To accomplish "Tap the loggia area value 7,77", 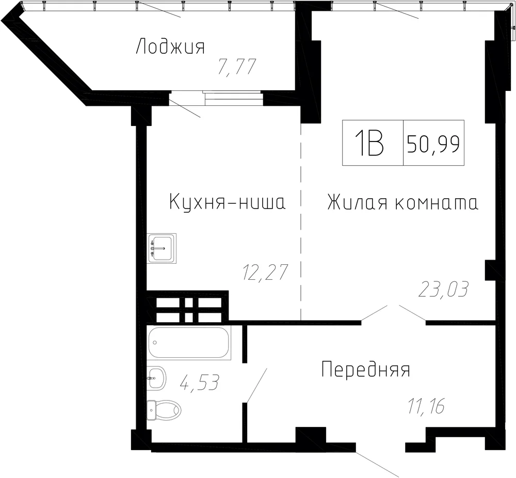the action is tap(237, 67).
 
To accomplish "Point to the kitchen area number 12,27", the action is tap(265, 272).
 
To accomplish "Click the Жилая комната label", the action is tap(403, 202).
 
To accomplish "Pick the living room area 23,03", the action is tap(443, 290).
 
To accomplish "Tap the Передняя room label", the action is tap(366, 370).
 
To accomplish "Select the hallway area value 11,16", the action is tap(427, 406).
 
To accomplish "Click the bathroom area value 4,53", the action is tap(199, 382).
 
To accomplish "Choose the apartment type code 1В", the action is tap(369, 143).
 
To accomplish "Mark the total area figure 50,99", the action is tap(433, 144).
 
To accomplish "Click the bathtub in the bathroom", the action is tap(189, 342).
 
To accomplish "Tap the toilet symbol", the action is tap(164, 410).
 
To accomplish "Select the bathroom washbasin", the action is tap(157, 378).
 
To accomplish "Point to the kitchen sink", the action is tap(162, 248).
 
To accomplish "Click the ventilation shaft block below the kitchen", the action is tap(188, 307).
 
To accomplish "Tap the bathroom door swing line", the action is tap(256, 385).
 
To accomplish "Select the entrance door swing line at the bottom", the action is tap(377, 465).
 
